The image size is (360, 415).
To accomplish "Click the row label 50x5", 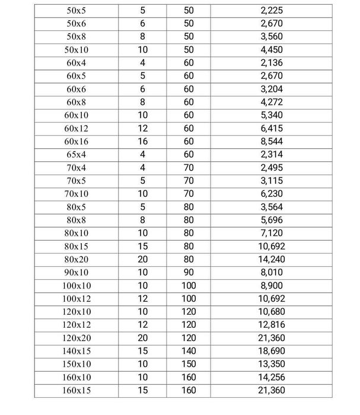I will coord(77,10).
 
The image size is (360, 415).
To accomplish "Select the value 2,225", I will coord(271,10).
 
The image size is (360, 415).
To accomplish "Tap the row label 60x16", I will coord(77,142).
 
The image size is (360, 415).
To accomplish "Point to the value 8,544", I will coord(271,142).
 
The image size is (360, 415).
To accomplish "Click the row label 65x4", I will coord(77,155).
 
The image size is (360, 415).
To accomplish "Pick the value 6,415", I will coord(271,129).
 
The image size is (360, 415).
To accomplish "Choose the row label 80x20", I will coord(77,259).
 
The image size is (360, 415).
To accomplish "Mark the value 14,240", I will coord(271,259).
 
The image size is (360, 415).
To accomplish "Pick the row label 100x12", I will coord(77,299).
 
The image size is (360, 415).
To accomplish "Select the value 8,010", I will coord(271,273).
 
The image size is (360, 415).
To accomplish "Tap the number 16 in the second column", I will coord(142,142).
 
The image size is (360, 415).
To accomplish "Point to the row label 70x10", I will coord(77,194).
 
